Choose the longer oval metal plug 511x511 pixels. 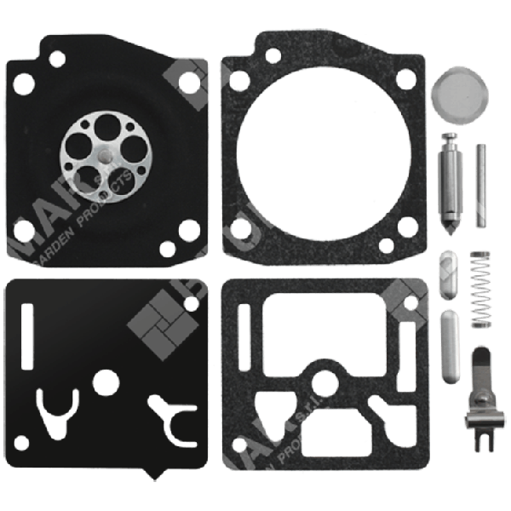449,347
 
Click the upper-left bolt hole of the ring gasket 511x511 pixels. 273,56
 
